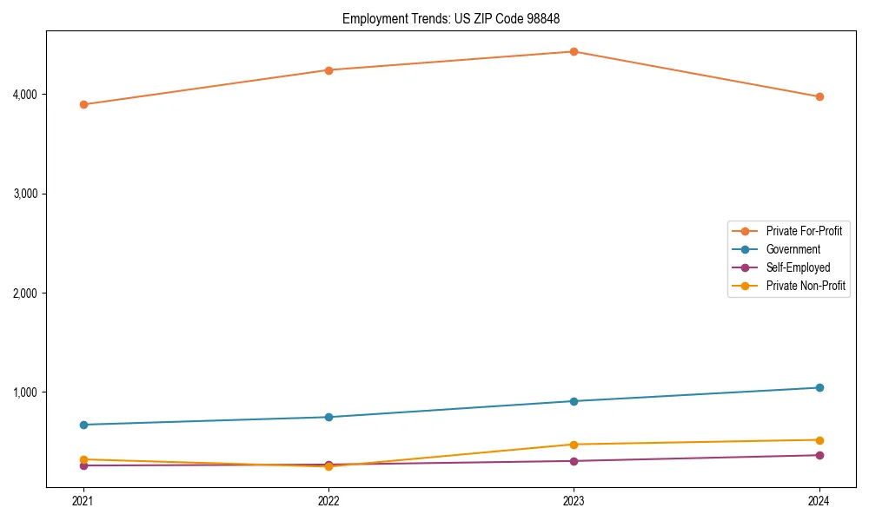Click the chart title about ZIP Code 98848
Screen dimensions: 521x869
click(457, 18)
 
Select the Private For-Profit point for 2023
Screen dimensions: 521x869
click(574, 51)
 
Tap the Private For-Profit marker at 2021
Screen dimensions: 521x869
click(83, 104)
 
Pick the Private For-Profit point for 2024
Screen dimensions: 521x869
click(819, 96)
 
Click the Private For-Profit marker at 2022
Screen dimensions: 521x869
click(328, 70)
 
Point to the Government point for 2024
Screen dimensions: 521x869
click(819, 387)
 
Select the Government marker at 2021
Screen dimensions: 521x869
click(83, 425)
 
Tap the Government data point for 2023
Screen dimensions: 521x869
click(574, 401)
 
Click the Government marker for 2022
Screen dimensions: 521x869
click(328, 417)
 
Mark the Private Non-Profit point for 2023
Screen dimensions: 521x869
click(574, 445)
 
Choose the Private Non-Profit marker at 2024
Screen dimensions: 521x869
click(819, 440)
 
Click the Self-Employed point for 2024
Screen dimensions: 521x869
click(819, 455)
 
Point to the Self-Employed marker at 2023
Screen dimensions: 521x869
click(574, 461)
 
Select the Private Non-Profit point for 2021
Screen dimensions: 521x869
click(83, 459)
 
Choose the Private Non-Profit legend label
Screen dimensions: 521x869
click(806, 286)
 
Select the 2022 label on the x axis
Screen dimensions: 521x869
click(328, 501)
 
